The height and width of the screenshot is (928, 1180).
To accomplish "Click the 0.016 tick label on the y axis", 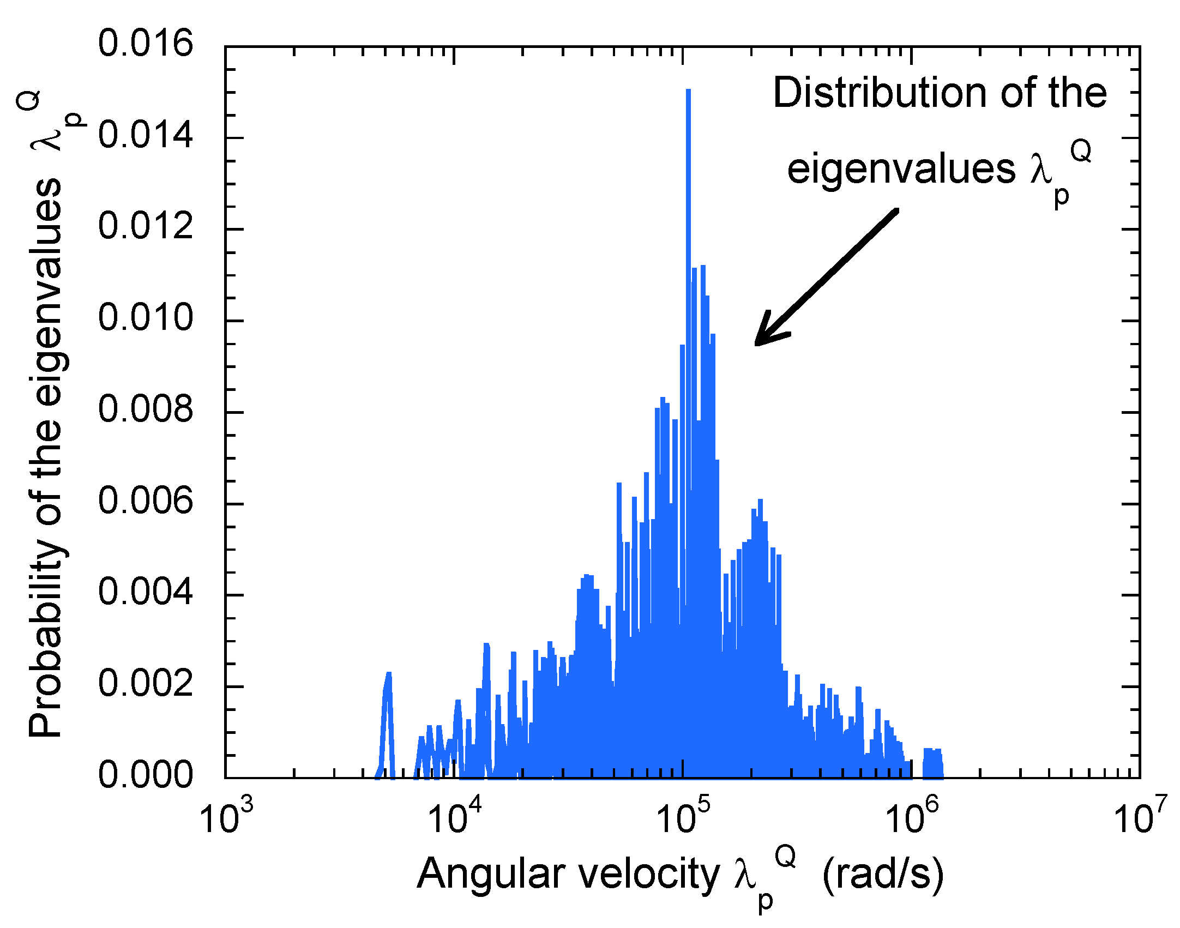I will click(x=146, y=44).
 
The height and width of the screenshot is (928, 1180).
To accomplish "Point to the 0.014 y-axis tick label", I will click(x=146, y=135).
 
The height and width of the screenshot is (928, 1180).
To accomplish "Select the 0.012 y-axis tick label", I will click(x=146, y=226).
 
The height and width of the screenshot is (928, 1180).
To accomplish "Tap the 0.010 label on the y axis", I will click(x=146, y=318).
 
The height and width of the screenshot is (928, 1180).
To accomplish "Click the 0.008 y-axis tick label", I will click(x=146, y=409).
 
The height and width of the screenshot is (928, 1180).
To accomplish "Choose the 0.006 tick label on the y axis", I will click(x=146, y=501).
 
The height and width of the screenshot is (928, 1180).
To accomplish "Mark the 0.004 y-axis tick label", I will click(x=146, y=592).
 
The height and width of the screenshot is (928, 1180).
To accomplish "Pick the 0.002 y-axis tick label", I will click(x=146, y=684).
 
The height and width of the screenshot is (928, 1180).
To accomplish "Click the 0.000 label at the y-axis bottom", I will click(x=146, y=775).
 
